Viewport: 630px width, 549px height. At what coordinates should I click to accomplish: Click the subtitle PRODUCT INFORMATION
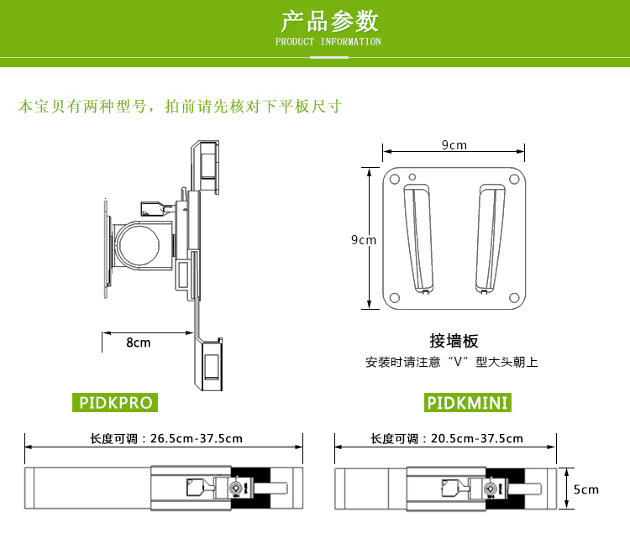[x=328, y=42]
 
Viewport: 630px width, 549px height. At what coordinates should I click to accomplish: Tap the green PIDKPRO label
[x=116, y=403]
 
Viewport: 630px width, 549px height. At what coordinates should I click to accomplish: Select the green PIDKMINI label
[x=468, y=403]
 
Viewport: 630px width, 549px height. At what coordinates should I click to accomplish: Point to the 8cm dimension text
[x=139, y=342]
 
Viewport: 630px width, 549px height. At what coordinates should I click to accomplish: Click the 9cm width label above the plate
[x=454, y=145]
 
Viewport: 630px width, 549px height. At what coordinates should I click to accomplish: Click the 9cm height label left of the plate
[x=364, y=240]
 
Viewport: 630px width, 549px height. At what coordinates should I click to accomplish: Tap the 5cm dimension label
[x=586, y=489]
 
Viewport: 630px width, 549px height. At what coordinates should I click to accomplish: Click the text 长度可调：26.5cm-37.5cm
[x=166, y=438]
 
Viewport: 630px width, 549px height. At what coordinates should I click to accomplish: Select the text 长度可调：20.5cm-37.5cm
[x=447, y=438]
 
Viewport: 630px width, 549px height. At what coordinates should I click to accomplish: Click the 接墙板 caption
[x=454, y=341]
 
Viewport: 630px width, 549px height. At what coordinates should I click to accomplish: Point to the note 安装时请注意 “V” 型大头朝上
[x=451, y=363]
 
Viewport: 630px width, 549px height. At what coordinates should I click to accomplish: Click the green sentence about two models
[x=180, y=107]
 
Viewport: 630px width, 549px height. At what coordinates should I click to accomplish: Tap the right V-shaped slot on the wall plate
[x=492, y=239]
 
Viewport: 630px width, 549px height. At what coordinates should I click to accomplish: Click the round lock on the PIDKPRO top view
[x=241, y=489]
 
